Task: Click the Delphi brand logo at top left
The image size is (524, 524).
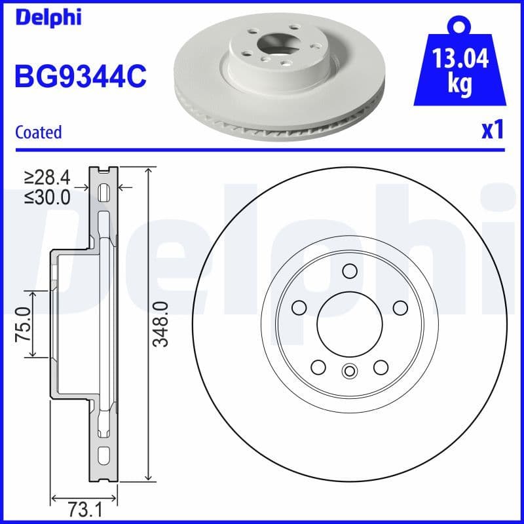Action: click(48, 18)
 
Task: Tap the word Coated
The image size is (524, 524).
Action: click(38, 132)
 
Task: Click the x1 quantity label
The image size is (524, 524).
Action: click(492, 130)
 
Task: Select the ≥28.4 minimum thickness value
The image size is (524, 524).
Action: click(47, 177)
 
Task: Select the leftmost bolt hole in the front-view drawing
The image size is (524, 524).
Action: click(299, 307)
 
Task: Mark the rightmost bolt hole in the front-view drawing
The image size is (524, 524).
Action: click(398, 307)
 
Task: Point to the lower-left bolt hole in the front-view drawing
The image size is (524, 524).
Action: click(318, 367)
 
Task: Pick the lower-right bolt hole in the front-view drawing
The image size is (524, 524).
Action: click(380, 367)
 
